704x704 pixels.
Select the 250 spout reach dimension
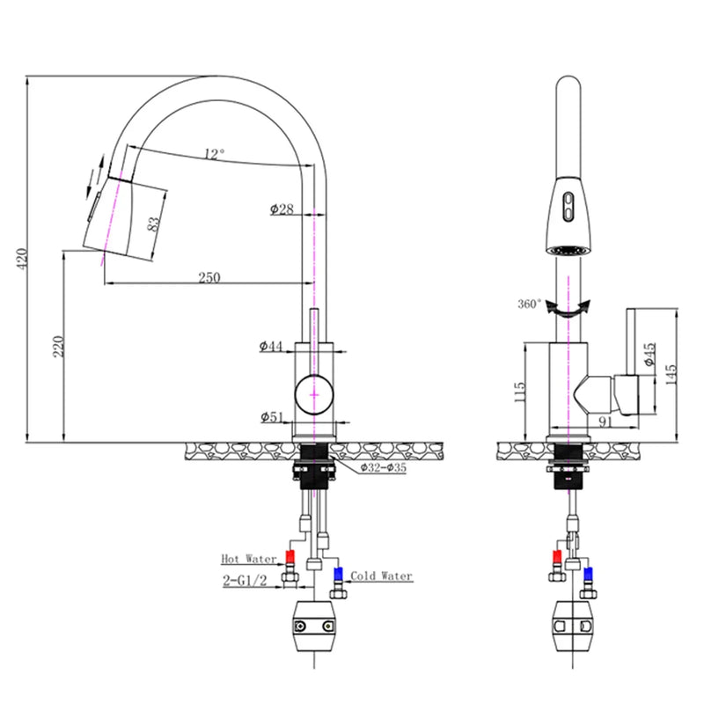(209, 277)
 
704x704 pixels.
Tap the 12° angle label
(214, 154)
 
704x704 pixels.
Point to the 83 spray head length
(155, 224)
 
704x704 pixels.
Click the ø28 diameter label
(282, 209)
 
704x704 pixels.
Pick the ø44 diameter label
(271, 347)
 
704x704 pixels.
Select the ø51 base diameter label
(272, 417)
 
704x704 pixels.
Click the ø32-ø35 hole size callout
(383, 468)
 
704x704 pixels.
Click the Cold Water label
(381, 576)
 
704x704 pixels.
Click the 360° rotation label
(530, 304)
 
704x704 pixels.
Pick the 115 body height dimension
(520, 387)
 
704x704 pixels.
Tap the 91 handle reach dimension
(605, 422)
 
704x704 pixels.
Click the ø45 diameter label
(649, 354)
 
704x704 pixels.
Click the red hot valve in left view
(290, 558)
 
